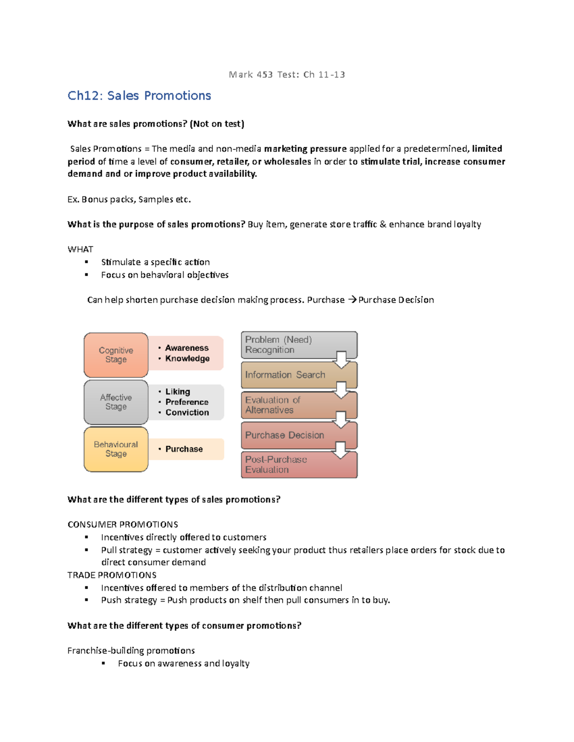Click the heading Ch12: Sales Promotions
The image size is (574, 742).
click(x=139, y=96)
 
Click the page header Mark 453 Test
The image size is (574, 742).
click(x=287, y=75)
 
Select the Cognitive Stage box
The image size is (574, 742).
click(x=116, y=355)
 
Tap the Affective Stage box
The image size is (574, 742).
click(x=116, y=402)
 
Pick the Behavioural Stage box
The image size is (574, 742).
click(x=116, y=449)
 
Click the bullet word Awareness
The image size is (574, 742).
click(x=187, y=348)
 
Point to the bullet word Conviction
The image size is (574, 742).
click(x=187, y=412)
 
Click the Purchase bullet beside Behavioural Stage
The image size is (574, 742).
click(x=184, y=449)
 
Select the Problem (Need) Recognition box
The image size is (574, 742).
click(x=287, y=344)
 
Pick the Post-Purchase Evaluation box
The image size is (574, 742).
click(x=287, y=465)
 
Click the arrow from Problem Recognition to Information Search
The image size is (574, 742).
click(x=342, y=360)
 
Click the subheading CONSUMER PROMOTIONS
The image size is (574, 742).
click(x=123, y=525)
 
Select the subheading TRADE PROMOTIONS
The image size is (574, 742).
click(x=112, y=575)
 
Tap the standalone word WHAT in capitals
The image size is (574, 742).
click(x=80, y=249)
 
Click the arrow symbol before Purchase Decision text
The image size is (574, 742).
click(x=352, y=300)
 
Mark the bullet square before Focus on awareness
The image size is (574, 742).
click(x=103, y=664)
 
